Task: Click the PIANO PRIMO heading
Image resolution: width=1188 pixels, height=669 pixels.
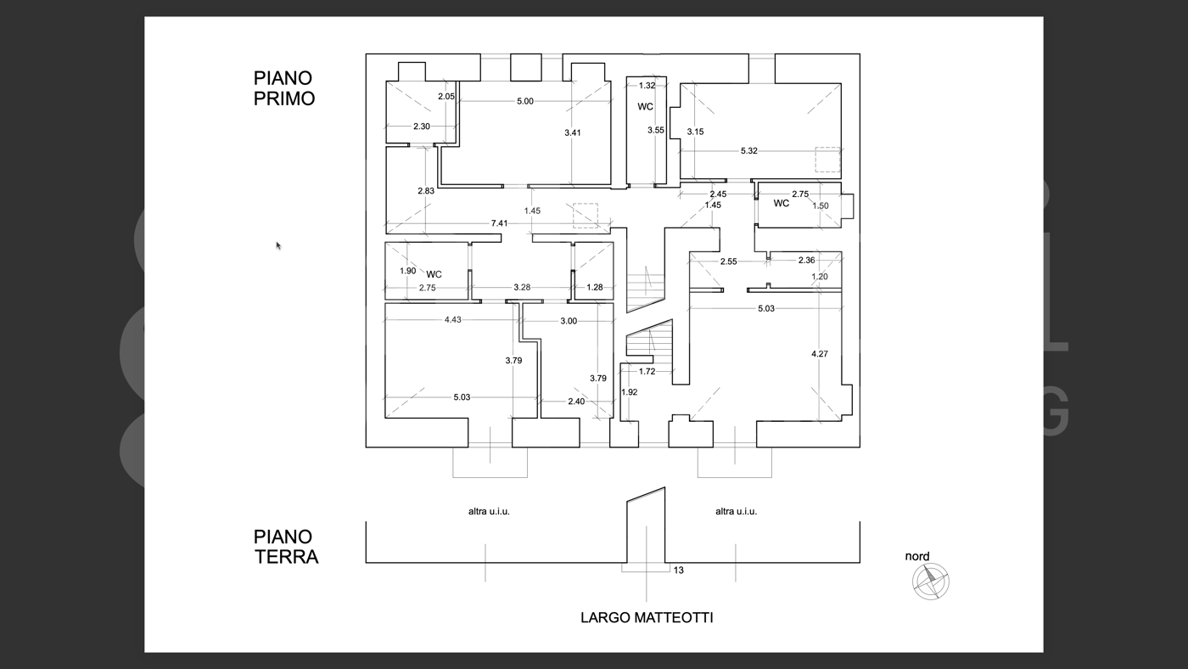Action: coord(283,88)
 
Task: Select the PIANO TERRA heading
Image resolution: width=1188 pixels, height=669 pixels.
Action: coord(285,547)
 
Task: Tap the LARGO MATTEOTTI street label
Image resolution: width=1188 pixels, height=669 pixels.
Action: coord(647,617)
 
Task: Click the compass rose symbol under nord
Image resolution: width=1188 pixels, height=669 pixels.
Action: coord(931,582)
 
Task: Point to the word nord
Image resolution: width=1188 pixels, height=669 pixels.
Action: coord(916,557)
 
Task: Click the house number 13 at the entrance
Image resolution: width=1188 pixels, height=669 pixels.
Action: coord(678,571)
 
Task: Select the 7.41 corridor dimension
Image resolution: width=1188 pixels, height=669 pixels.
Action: coord(500,223)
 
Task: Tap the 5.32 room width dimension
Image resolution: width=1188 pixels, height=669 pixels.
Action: coord(748,151)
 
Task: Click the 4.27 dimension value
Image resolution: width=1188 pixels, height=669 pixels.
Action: coord(819,354)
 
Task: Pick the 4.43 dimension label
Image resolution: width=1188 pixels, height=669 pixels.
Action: coord(453,320)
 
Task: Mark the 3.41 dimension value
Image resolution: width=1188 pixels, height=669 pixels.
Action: coord(573,132)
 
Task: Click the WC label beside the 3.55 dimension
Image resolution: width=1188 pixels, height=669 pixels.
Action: coord(645,107)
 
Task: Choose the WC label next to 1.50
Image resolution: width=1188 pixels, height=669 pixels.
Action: coord(781,204)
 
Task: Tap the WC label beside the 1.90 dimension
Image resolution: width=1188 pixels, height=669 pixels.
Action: coord(434,274)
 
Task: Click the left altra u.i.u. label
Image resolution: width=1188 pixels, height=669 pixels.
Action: coord(489,511)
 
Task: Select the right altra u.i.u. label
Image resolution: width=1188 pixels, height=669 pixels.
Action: coord(736,511)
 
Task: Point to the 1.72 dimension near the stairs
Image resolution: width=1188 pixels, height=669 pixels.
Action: coord(647,371)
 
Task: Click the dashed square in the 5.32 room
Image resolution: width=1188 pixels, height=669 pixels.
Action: coord(827,160)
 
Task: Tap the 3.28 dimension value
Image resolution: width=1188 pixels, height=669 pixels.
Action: coord(521,288)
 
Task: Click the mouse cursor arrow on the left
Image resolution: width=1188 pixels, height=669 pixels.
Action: coord(278,246)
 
